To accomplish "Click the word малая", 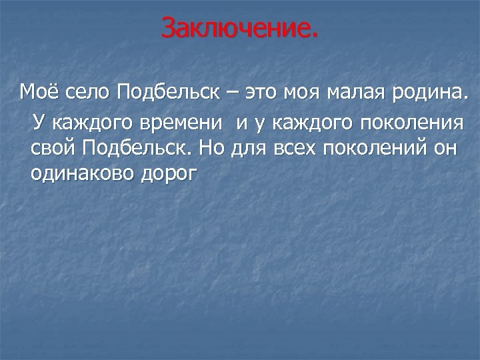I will [354, 91].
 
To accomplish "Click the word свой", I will [55, 148].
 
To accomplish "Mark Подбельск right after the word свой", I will [139, 148].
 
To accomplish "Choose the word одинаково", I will [81, 172].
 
